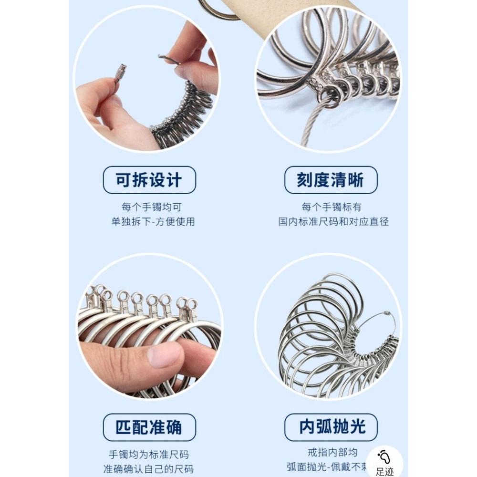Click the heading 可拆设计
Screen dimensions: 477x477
(x=149, y=180)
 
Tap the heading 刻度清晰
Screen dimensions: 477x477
(x=331, y=180)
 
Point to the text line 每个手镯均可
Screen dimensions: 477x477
(x=151, y=207)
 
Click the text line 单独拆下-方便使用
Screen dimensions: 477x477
(x=153, y=222)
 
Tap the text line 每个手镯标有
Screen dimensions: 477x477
(x=332, y=207)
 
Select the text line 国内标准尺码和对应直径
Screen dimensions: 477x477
(x=333, y=222)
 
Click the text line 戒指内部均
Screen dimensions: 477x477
(x=332, y=452)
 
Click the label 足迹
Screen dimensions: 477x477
(x=384, y=472)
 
